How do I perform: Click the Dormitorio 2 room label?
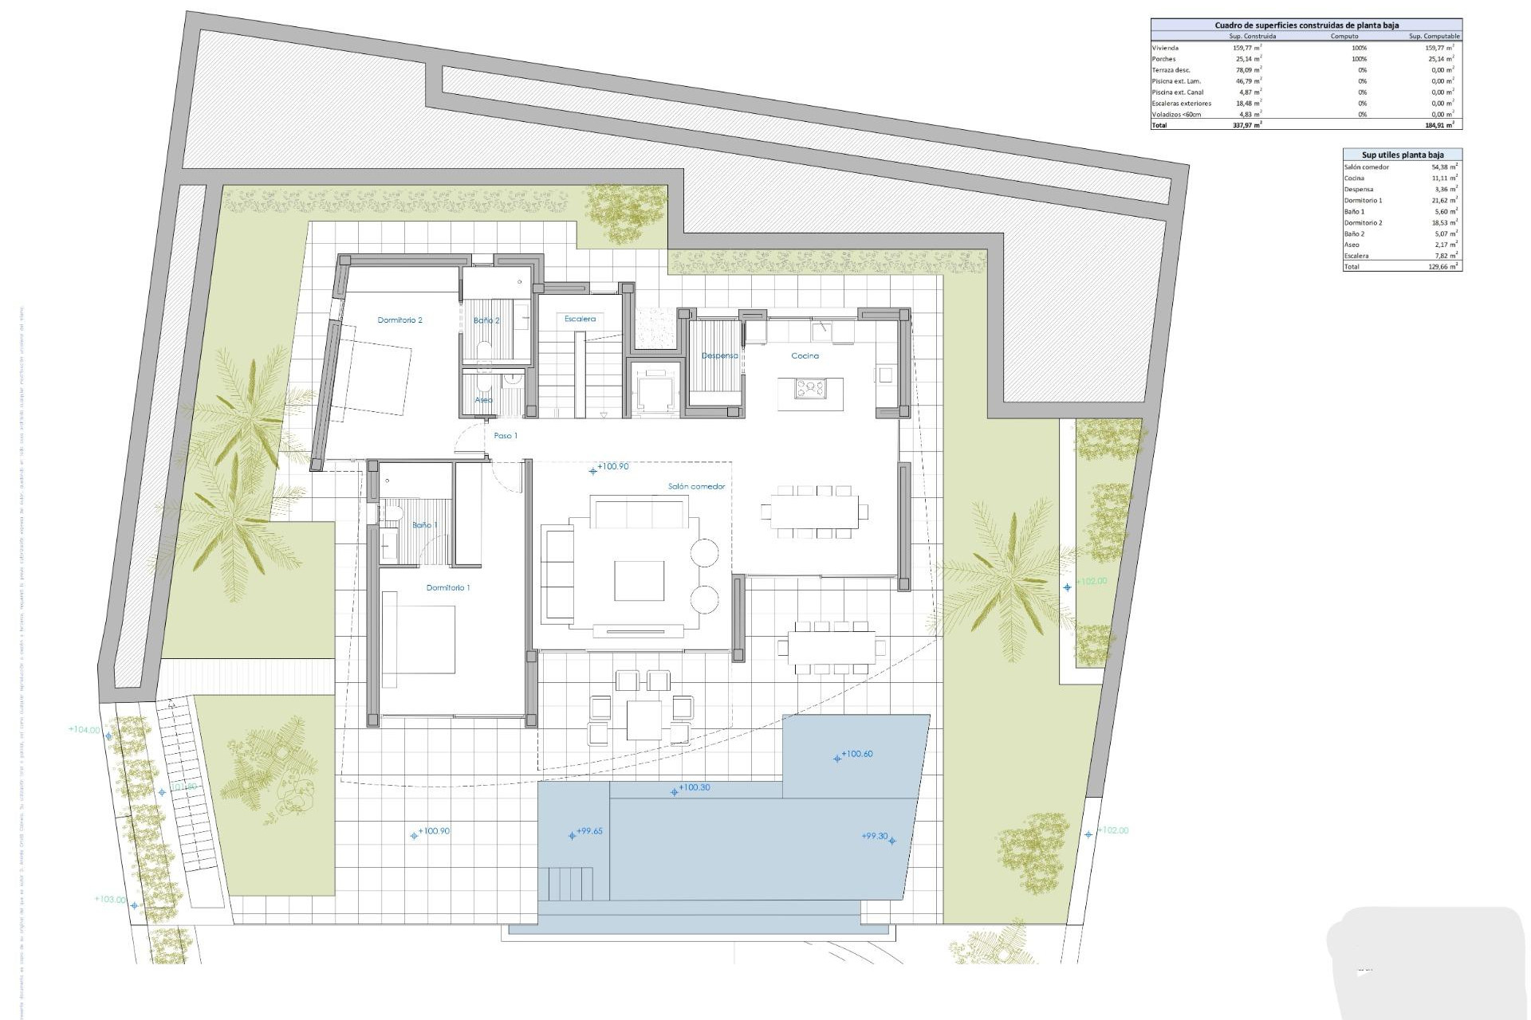click(x=399, y=320)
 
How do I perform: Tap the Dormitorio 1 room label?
click(x=447, y=588)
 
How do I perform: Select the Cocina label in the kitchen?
click(x=805, y=356)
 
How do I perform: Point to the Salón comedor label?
click(x=696, y=486)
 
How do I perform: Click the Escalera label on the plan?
click(x=580, y=319)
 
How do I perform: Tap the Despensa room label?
click(x=719, y=356)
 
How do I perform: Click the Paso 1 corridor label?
click(x=506, y=436)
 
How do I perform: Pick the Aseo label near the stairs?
click(x=483, y=400)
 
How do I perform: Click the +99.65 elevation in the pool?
click(x=589, y=831)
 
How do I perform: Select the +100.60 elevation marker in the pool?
click(x=856, y=754)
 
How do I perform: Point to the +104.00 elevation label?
click(x=85, y=730)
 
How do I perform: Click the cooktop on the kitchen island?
click(x=809, y=389)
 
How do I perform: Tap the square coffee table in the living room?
click(x=639, y=580)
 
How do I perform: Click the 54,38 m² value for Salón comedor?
click(x=1444, y=167)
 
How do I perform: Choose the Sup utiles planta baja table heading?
click(x=1402, y=155)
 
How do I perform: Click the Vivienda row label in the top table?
click(x=1165, y=48)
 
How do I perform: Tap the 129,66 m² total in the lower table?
click(x=1443, y=267)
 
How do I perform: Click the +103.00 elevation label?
click(x=110, y=900)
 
